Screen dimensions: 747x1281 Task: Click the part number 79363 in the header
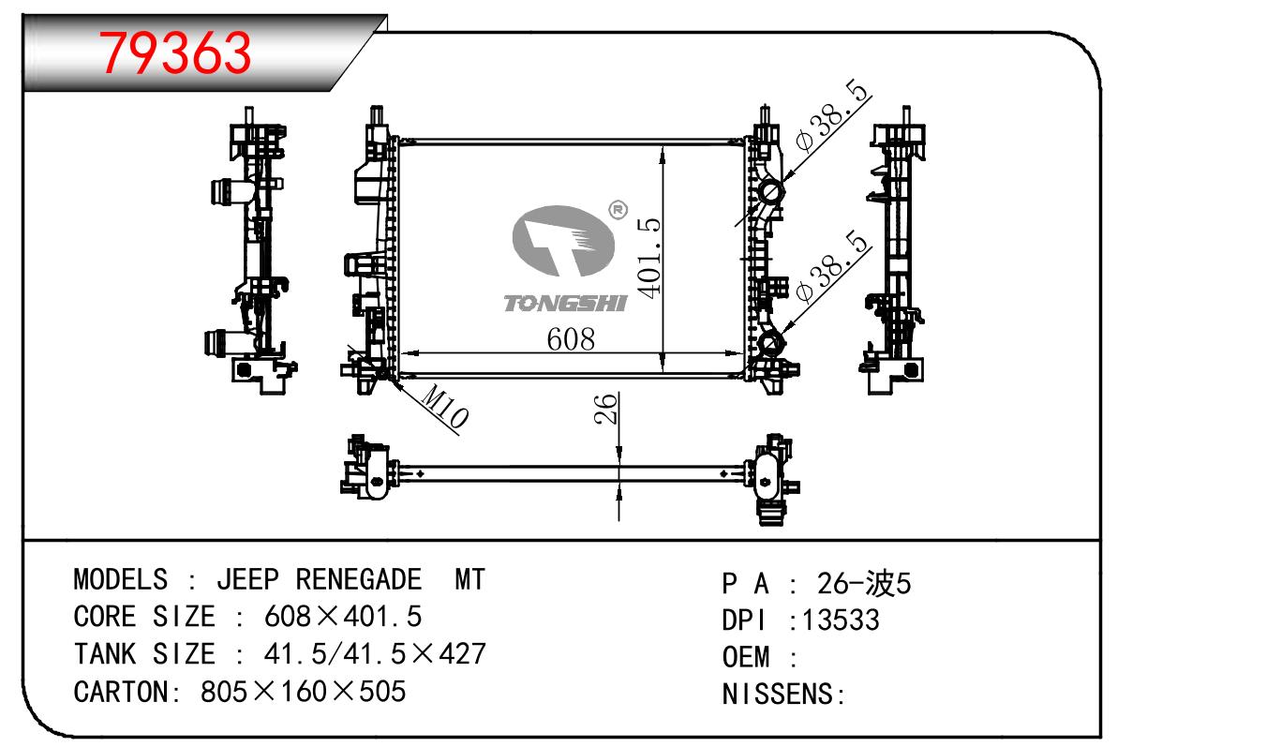[176, 52]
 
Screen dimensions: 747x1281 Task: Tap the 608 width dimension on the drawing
[571, 338]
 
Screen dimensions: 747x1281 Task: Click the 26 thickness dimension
[607, 409]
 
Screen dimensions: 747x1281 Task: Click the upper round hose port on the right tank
[772, 193]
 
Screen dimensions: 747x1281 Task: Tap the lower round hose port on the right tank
[771, 343]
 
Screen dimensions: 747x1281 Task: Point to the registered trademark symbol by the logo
[618, 211]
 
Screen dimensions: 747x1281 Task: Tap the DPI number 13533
[836, 620]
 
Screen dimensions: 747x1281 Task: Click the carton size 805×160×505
[304, 692]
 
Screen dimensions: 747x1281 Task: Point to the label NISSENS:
[783, 695]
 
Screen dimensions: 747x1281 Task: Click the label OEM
[746, 657]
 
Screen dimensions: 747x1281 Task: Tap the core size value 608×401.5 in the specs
[343, 617]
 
